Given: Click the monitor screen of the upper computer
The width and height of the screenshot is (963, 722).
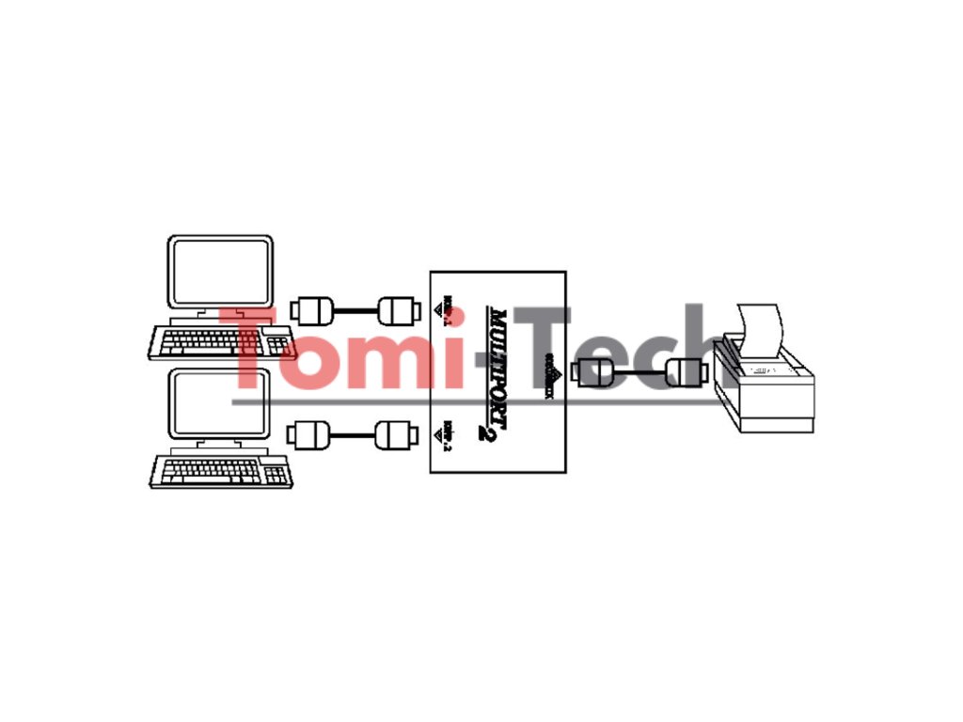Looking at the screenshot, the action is coord(220,271).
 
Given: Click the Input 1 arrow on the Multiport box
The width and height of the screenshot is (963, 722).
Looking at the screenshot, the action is coord(440,307).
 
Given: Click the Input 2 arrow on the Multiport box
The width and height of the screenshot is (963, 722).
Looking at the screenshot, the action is coord(440,434).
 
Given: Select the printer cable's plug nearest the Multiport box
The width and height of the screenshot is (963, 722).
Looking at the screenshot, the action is coord(594,372).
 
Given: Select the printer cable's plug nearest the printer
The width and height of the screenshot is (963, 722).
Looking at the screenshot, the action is coord(684,372).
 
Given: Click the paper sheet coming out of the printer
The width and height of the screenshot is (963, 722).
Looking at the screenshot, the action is coord(761,331).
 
